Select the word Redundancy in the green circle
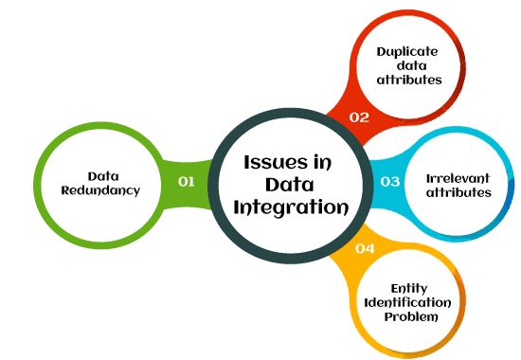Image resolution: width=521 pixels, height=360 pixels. [101, 189]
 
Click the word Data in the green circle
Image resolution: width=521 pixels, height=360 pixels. [101, 175]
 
